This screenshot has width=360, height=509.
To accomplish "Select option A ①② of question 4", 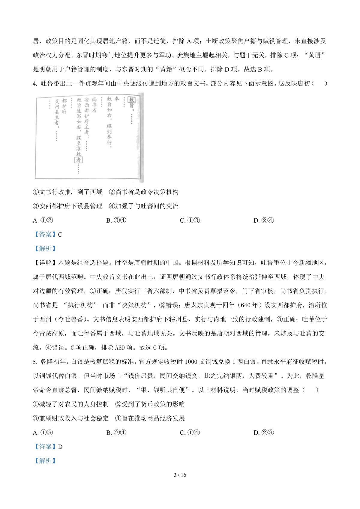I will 43,220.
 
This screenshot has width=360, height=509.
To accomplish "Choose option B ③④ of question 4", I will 116,220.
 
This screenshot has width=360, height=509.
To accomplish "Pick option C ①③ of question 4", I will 190,220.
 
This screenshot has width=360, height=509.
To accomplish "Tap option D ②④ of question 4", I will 264,220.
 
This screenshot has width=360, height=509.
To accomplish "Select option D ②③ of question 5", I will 264,433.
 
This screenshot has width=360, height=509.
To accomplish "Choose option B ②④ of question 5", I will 116,433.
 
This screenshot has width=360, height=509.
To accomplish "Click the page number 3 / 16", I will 180,475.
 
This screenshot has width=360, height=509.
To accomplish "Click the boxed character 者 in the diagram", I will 78,160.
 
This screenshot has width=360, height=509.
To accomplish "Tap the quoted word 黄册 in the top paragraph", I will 314,55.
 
